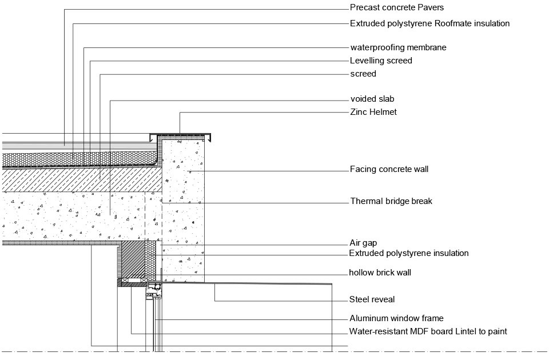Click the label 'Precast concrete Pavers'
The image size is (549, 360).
[x=397, y=7]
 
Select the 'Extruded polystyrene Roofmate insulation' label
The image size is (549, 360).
[x=429, y=23]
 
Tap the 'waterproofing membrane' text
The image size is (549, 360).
[x=398, y=47]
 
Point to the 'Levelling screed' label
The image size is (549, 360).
[x=381, y=61]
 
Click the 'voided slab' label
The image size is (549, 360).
[x=372, y=99]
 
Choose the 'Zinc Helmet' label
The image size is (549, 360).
[x=373, y=112]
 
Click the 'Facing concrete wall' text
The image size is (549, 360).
[x=389, y=169]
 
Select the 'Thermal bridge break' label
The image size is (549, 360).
[x=391, y=201]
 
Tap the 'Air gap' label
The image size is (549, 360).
[x=363, y=243]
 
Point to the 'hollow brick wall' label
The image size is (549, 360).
[x=380, y=273]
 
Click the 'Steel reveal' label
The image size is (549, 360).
[x=372, y=299]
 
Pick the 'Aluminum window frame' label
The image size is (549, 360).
[x=396, y=318]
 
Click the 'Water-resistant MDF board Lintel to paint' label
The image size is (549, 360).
[x=428, y=331]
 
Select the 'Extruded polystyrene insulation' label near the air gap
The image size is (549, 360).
[x=408, y=253]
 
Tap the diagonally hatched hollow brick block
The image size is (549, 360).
[x=133, y=259]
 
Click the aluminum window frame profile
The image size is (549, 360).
[x=154, y=290]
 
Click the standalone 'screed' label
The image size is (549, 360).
[x=363, y=74]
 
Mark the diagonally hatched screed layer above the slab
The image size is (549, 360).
[x=82, y=180]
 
